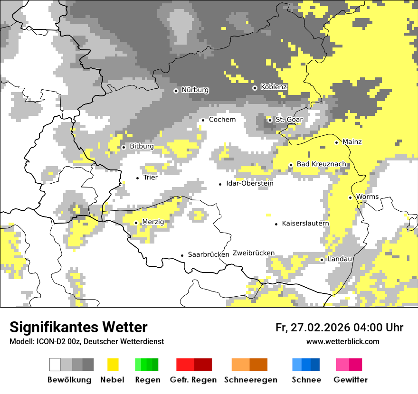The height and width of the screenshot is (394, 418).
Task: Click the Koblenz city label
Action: click(x=274, y=87)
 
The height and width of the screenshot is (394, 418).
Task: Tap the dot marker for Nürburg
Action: click(x=176, y=90)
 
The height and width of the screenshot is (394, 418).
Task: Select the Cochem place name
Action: click(x=222, y=120)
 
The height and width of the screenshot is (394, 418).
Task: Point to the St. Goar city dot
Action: click(x=270, y=120)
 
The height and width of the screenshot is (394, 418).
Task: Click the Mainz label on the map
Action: click(x=352, y=142)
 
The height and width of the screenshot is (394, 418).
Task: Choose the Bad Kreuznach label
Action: click(x=321, y=164)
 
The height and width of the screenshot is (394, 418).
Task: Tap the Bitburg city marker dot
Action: click(x=123, y=147)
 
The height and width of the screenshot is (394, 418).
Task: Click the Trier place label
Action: click(x=151, y=178)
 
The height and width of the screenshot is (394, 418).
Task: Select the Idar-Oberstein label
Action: click(x=250, y=184)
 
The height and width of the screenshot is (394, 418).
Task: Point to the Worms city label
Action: click(x=367, y=197)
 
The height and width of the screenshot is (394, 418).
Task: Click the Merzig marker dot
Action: click(x=136, y=223)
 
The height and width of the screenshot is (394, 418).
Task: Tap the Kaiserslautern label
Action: click(x=305, y=224)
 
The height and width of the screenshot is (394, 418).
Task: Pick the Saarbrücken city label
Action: click(x=209, y=255)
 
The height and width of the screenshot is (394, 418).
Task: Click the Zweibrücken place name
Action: click(x=254, y=253)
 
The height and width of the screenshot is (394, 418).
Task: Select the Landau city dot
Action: click(x=322, y=260)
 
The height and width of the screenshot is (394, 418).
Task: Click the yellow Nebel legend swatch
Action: click(x=113, y=365)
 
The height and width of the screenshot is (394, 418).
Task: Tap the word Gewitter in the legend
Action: click(x=351, y=380)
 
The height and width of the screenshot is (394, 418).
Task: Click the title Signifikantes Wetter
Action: click(x=78, y=327)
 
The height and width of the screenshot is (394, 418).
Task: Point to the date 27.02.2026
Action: click(x=319, y=328)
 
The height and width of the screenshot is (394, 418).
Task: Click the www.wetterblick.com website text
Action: click(x=342, y=342)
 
